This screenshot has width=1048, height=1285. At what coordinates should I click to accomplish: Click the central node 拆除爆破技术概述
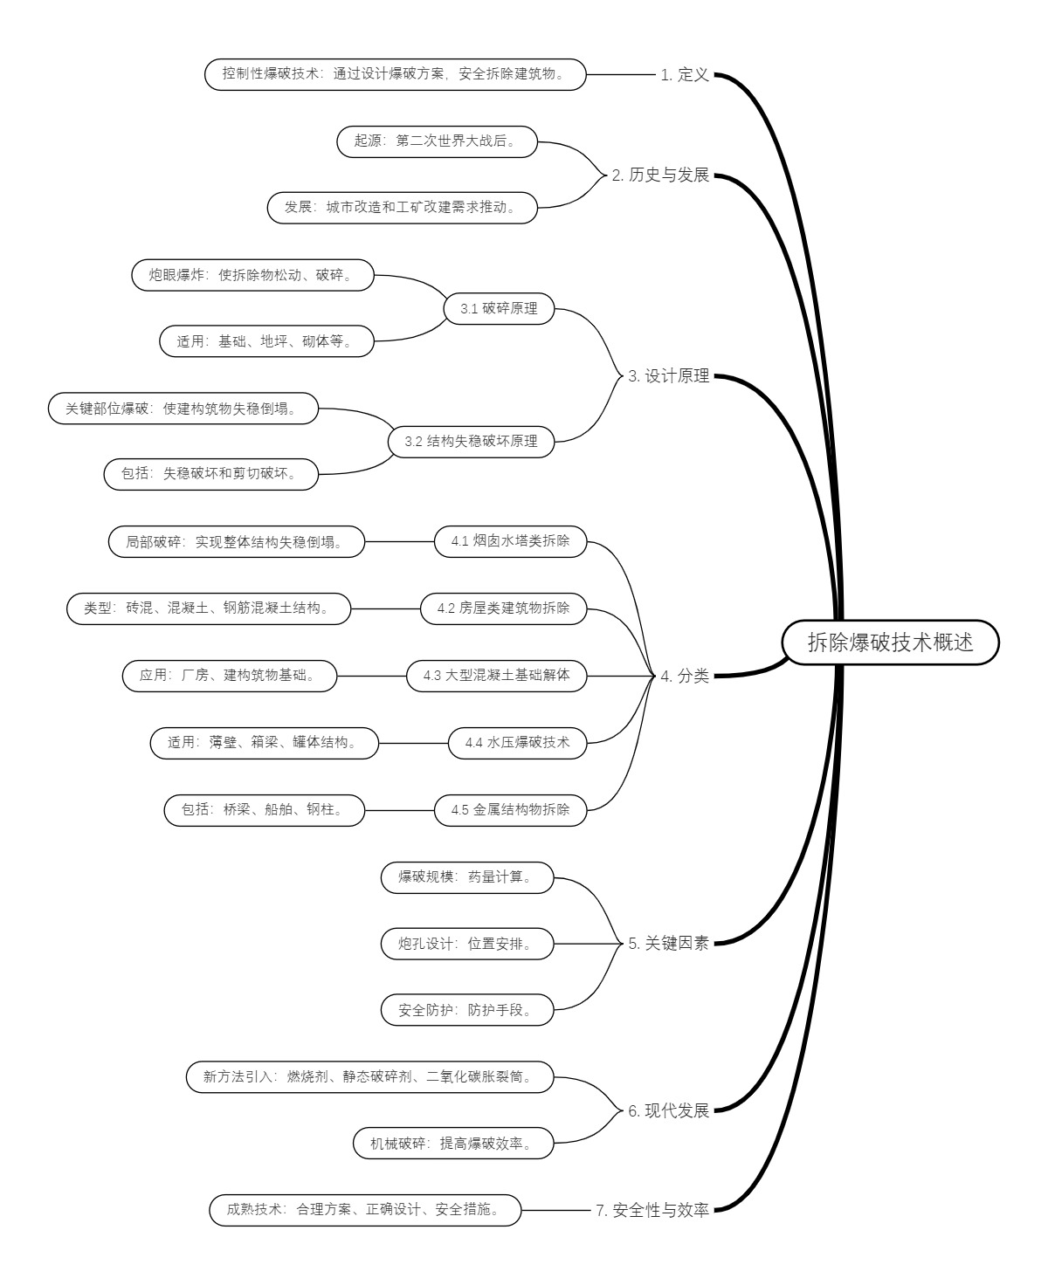pyautogui.click(x=889, y=642)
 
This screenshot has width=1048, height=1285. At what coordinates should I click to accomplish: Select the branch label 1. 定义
pyautogui.click(x=685, y=75)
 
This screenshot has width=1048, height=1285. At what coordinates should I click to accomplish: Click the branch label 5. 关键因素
pyautogui.click(x=668, y=944)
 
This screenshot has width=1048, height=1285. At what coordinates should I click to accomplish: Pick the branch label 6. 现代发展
pyautogui.click(x=668, y=1111)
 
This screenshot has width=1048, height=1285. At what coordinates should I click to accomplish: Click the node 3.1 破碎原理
pyautogui.click(x=499, y=308)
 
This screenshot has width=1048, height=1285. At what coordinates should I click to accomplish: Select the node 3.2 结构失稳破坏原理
pyautogui.click(x=471, y=442)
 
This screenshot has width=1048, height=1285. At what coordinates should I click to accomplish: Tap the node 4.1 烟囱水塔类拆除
pyautogui.click(x=510, y=541)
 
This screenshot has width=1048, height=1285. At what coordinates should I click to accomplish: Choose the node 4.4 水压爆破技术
pyautogui.click(x=517, y=743)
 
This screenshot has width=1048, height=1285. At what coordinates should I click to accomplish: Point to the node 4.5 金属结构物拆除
pyautogui.click(x=510, y=810)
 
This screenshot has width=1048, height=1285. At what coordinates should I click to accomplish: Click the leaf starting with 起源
pyautogui.click(x=437, y=141)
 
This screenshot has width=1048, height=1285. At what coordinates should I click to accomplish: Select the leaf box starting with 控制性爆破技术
pyautogui.click(x=396, y=74)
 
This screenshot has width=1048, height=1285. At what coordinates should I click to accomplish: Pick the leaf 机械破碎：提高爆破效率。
pyautogui.click(x=454, y=1144)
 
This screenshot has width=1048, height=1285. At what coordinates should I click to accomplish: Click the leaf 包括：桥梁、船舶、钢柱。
pyautogui.click(x=265, y=810)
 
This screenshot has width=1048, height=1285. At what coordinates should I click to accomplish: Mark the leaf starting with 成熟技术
pyautogui.click(x=366, y=1211)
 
